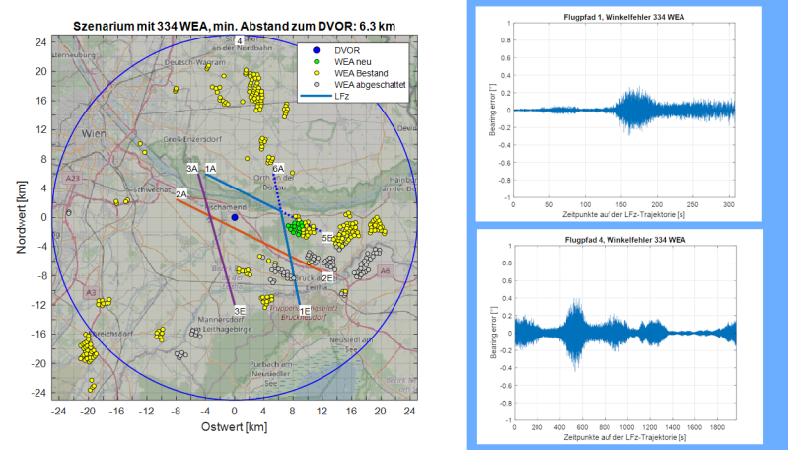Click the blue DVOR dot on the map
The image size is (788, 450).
pos(235,217)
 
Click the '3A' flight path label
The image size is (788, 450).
pos(192,170)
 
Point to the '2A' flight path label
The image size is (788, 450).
pos(181,195)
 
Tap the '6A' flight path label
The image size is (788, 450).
pos(279,169)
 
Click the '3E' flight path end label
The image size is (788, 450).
pos(239,311)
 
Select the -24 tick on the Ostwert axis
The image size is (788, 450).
pos(59,410)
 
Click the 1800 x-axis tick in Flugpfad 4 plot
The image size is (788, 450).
pos(714,425)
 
